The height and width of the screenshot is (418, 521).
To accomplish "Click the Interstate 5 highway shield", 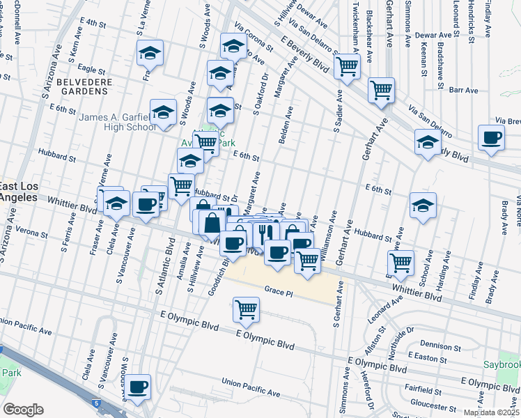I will tap(96, 403).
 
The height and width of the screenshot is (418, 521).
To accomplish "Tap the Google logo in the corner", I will tap(23, 410).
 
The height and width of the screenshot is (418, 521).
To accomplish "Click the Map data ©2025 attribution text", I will tap(490, 412).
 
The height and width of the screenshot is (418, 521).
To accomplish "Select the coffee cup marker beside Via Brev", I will tap(491, 138).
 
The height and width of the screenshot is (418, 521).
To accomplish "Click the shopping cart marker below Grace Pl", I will tap(247, 309).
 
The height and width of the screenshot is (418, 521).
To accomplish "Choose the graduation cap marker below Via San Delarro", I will tap(427, 143).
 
